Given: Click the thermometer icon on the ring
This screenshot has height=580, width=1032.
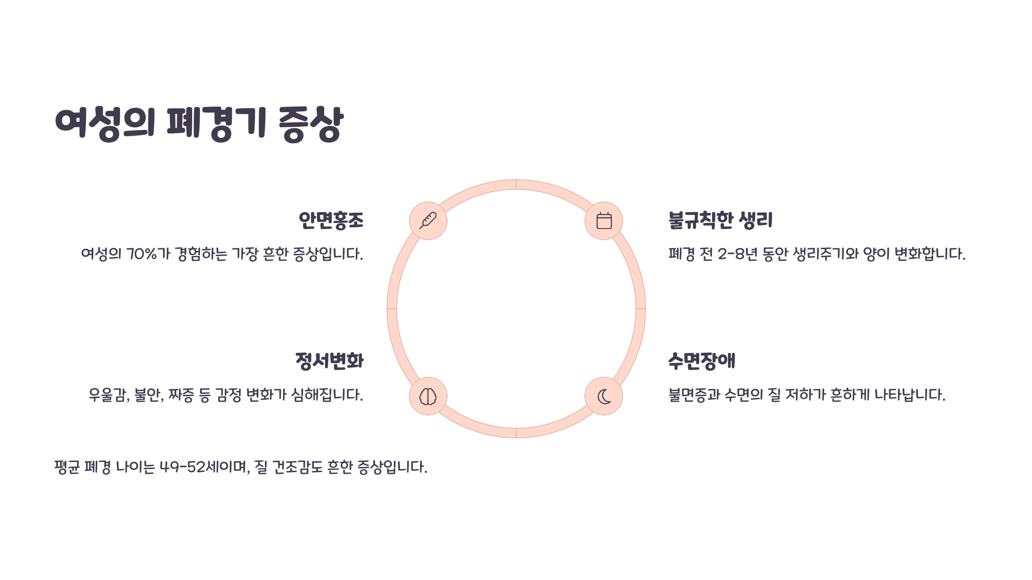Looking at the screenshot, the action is [428, 220].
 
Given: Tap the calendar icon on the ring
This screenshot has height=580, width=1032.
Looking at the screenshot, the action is [604, 220].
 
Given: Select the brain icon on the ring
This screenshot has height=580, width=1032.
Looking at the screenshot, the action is [428, 396].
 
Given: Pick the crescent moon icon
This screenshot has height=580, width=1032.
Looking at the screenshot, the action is [604, 396].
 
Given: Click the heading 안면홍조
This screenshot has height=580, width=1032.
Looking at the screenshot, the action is [331, 220].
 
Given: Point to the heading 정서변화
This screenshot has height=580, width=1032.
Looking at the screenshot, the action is [329, 361].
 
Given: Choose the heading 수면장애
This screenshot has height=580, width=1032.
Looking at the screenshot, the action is [701, 361].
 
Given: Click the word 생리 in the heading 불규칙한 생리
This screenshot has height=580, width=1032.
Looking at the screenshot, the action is [756, 220].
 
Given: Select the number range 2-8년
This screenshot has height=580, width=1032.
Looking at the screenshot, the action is [737, 254].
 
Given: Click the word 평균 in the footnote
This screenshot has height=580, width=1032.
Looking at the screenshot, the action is [67, 467].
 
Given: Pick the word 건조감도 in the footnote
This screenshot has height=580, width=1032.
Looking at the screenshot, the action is [297, 467].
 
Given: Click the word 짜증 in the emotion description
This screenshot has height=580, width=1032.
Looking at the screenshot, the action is [181, 395].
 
